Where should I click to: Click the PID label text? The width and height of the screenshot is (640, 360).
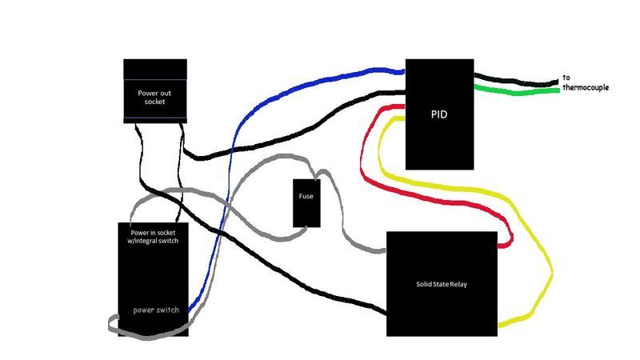pyautogui.click(x=438, y=114)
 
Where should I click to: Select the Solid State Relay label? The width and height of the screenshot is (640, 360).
pyautogui.click(x=438, y=283)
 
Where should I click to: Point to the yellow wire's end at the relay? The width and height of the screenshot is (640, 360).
pyautogui.click(x=501, y=325)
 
